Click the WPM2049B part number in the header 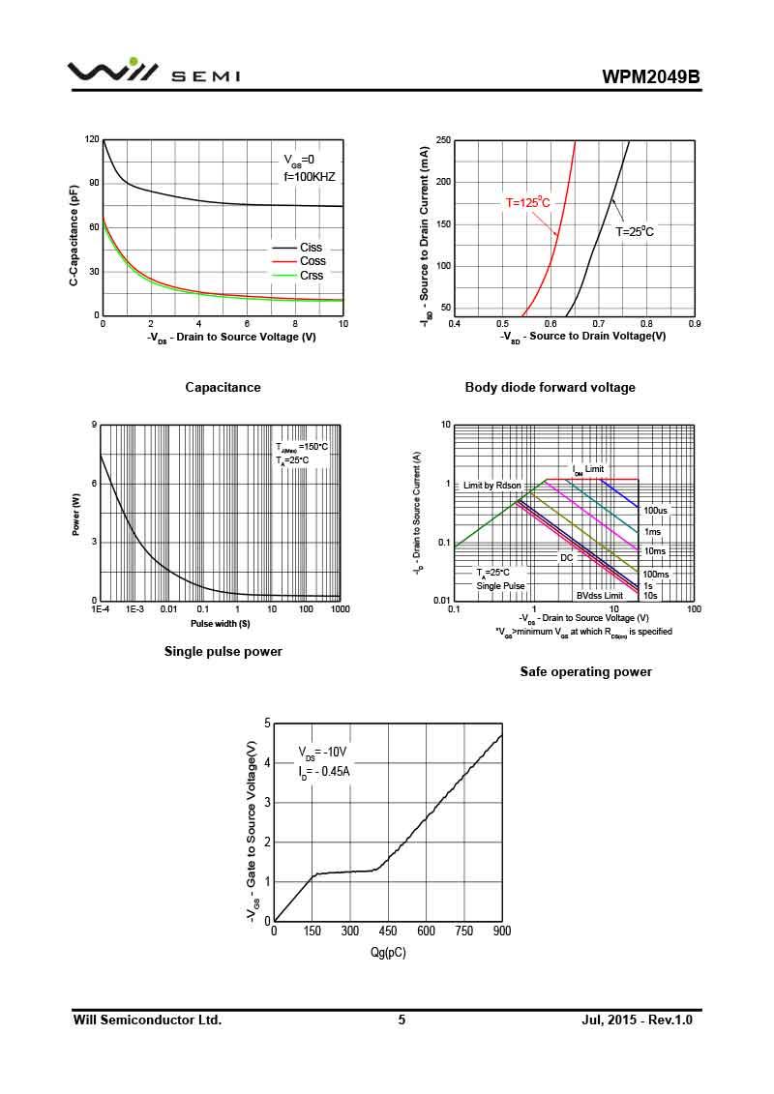click(650, 76)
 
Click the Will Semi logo click(153, 73)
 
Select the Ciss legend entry click(311, 248)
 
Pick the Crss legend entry click(311, 276)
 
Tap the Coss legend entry click(312, 261)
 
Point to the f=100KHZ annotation click(309, 178)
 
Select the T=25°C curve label click(635, 232)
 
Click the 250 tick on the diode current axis click(442, 141)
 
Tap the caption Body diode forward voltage click(550, 388)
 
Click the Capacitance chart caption click(223, 388)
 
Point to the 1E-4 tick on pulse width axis click(101, 609)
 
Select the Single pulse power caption click(223, 652)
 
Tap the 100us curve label click(656, 511)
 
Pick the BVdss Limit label click(600, 596)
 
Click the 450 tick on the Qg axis click(388, 931)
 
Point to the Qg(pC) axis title click(388, 953)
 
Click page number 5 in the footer click(402, 1020)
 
